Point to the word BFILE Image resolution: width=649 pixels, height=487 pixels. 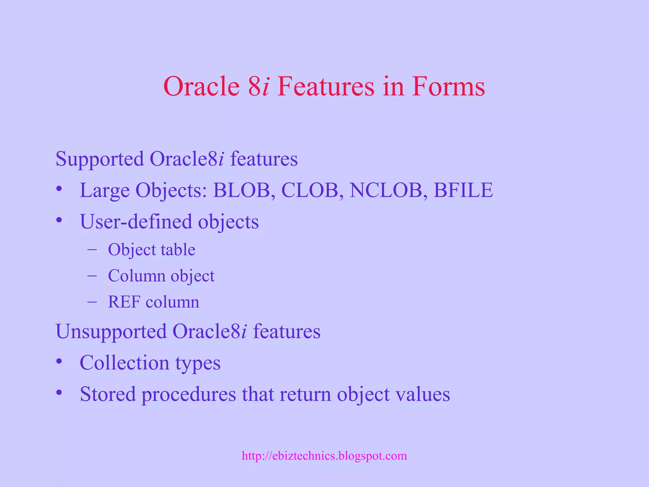pos(463,190)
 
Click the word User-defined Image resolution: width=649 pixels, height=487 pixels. pos(136,221)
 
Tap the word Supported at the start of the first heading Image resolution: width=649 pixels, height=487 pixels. pos(100,159)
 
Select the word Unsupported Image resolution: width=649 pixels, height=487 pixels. pos(111,332)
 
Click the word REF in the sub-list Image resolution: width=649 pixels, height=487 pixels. pos(124,302)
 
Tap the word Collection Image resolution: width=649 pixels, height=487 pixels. pos(124,363)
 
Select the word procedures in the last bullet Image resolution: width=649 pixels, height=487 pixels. pos(189,394)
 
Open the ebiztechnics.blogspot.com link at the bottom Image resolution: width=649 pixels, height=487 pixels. pos(324,456)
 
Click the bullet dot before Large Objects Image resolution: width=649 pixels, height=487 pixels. pos(59,189)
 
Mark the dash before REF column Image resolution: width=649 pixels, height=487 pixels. pos(92,302)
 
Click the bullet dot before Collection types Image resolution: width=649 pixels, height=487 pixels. pos(59,361)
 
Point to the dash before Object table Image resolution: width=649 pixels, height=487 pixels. pos(92,250)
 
